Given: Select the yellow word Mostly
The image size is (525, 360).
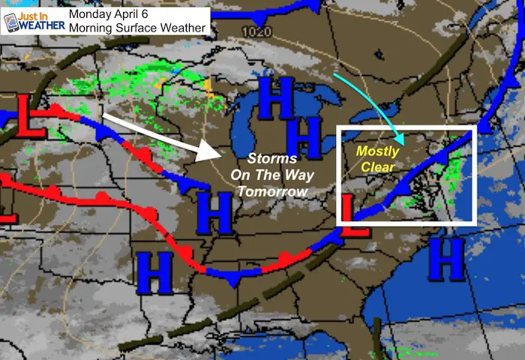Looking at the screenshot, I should click(x=378, y=151).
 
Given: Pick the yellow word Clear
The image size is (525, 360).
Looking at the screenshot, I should click(x=378, y=166).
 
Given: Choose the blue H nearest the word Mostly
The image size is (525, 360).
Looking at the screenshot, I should click(x=308, y=136).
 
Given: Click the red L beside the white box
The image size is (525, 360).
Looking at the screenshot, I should click(x=355, y=217).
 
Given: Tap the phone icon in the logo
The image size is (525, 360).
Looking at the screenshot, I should click(x=11, y=22).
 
